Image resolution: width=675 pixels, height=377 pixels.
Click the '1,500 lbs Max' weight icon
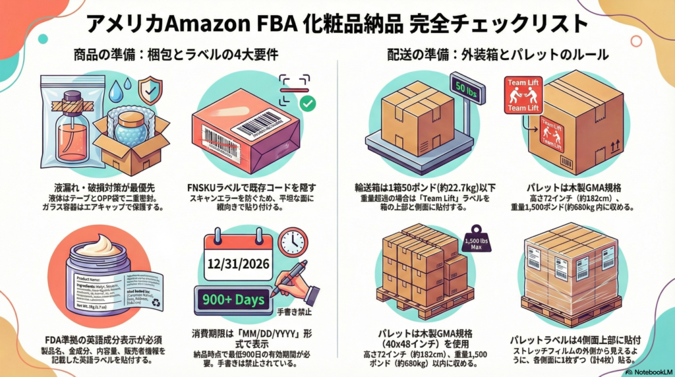477,241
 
